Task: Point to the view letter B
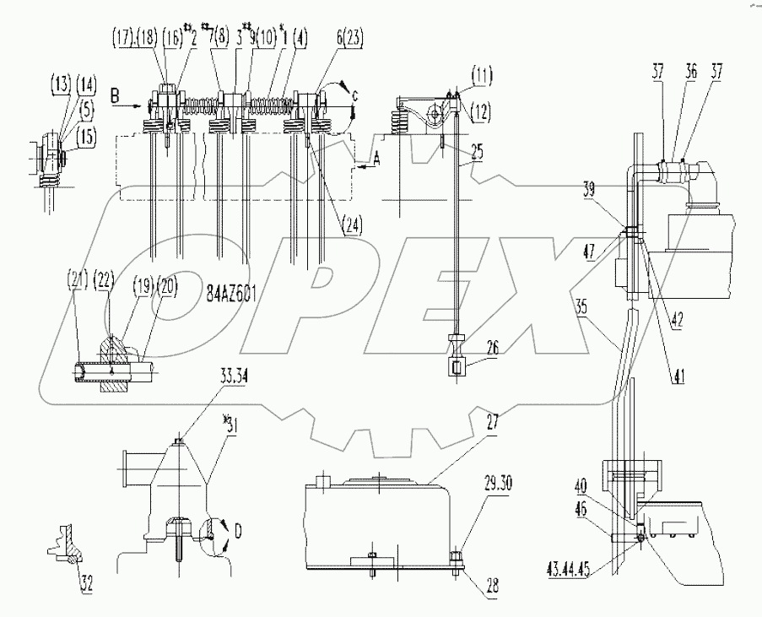click(x=112, y=99)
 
